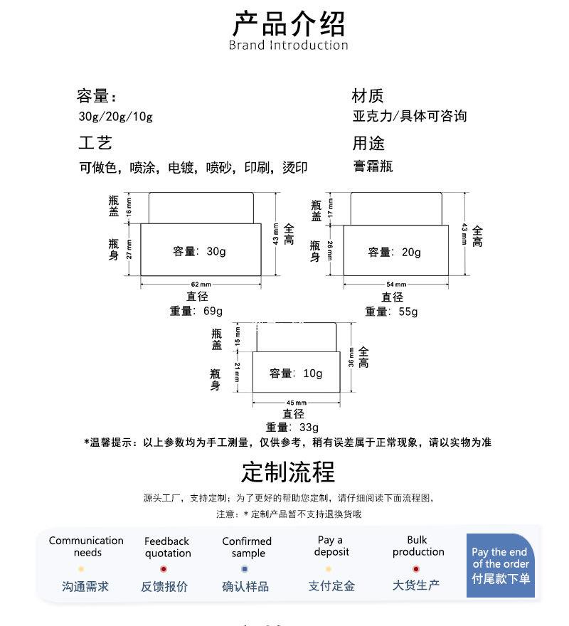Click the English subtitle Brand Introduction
(x=288, y=46)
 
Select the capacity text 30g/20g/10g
(x=115, y=117)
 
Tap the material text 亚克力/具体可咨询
(x=410, y=117)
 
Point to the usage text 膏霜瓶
(x=373, y=167)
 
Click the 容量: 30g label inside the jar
(x=199, y=251)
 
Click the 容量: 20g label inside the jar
(x=395, y=252)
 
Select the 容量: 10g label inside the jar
(x=296, y=373)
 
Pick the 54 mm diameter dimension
(x=396, y=285)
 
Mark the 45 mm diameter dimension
(x=296, y=403)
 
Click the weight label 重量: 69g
(x=196, y=311)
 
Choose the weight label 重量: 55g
(x=391, y=312)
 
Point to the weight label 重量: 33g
(x=292, y=428)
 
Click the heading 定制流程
(x=288, y=472)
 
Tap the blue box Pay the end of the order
(x=500, y=565)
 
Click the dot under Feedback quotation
(x=164, y=569)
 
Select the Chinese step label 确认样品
(x=245, y=586)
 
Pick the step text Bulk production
(x=418, y=546)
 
